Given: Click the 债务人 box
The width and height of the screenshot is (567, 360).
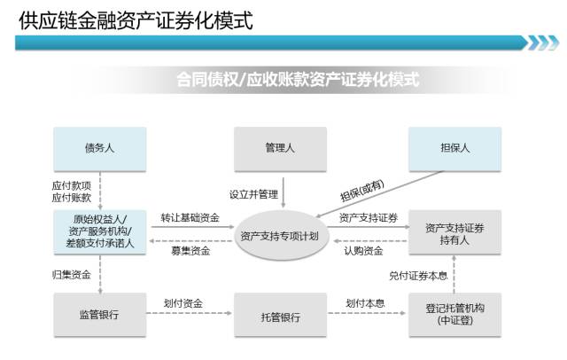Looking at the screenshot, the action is click(99, 148).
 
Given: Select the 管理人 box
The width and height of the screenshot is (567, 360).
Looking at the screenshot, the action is click(279, 148).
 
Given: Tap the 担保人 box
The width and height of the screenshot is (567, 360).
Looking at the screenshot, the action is click(454, 148).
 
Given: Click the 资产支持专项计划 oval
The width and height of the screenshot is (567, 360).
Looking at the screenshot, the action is click(279, 236).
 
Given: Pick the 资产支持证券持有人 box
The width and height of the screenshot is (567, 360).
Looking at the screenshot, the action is click(454, 233).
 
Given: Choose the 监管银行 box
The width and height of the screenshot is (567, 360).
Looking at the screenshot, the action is click(99, 316).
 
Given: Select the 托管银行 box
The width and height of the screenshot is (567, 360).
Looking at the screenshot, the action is click(279, 316).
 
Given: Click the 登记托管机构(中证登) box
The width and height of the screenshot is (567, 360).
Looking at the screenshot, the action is click(454, 316).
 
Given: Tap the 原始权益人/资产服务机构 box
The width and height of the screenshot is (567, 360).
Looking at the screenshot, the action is click(99, 233).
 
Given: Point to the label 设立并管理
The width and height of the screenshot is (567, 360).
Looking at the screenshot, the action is click(253, 194).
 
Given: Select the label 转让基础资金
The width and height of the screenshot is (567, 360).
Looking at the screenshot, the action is click(190, 217).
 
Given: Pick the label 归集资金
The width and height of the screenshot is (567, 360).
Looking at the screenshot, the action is click(70, 276).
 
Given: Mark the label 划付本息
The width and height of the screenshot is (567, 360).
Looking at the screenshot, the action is click(365, 303).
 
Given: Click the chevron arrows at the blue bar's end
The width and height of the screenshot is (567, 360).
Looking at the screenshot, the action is click(541, 43).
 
